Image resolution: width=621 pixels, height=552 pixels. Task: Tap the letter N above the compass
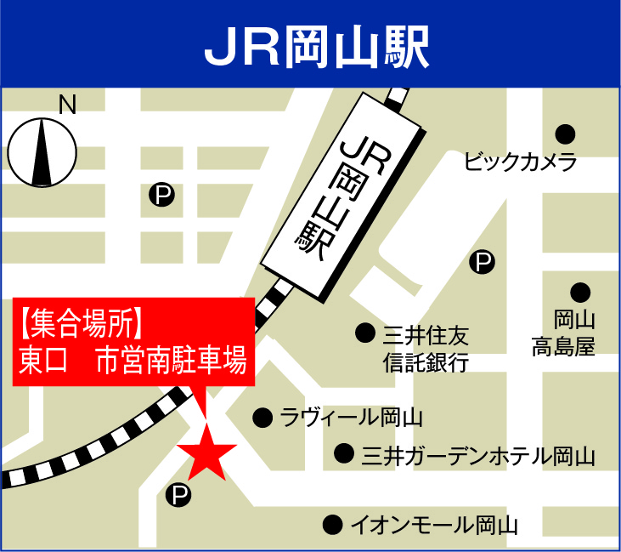tap(67, 105)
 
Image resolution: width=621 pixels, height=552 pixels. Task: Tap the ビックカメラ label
tap(521, 162)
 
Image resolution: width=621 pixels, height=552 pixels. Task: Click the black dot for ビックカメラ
tap(566, 134)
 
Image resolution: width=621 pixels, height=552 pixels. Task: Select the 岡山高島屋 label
tap(564, 333)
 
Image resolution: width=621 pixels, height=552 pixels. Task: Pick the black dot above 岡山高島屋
tap(580, 293)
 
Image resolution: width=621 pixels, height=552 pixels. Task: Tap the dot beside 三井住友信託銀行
tap(365, 333)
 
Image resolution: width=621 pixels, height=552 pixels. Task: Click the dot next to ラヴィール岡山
tap(263, 418)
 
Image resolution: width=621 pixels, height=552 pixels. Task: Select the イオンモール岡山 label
tap(434, 524)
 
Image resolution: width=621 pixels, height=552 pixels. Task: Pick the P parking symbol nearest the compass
tap(161, 196)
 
